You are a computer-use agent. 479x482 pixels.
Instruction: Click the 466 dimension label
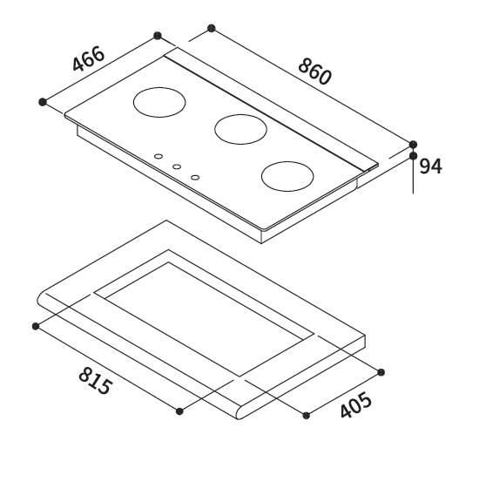[89, 58]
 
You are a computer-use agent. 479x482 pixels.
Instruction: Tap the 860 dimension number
[315, 71]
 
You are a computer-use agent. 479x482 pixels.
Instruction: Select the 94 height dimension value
[430, 166]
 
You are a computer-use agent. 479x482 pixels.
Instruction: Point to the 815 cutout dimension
[95, 381]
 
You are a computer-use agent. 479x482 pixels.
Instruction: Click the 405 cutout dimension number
[356, 404]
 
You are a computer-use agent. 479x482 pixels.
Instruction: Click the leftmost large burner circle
[159, 102]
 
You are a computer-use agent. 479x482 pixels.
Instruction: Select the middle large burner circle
[240, 129]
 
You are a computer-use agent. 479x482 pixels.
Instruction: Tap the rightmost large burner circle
[287, 176]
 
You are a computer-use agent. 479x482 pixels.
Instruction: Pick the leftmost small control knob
[159, 156]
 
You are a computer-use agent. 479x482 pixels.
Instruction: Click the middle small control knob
[177, 166]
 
